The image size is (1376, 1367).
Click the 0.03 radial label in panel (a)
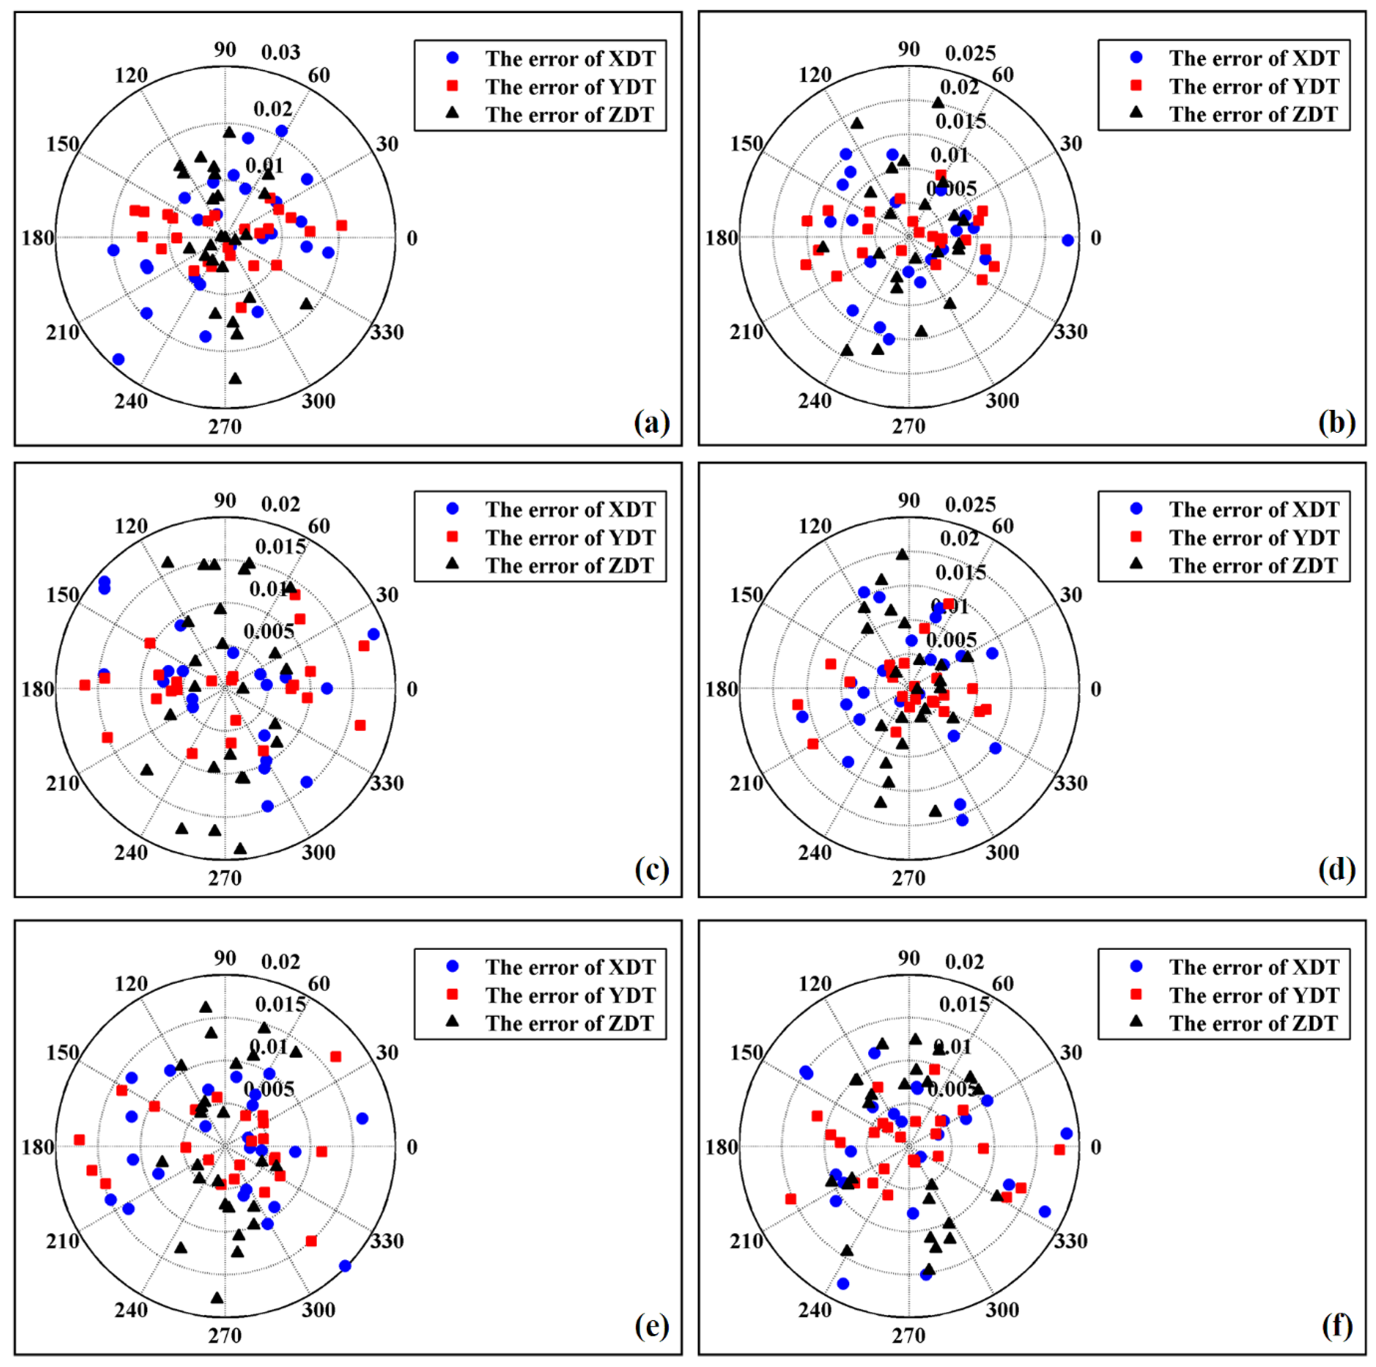281,52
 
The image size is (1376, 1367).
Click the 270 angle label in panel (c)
225,877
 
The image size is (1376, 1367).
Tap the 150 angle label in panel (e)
63,1052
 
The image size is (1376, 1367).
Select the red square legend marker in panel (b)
1136,86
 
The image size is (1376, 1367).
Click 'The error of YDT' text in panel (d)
1254,537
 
